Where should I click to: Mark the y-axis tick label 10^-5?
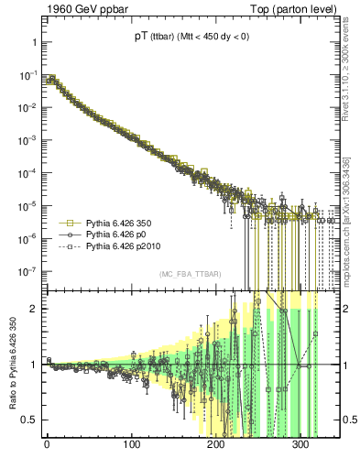pyautogui.click(x=28, y=206)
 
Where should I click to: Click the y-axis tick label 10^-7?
pyautogui.click(x=28, y=271)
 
